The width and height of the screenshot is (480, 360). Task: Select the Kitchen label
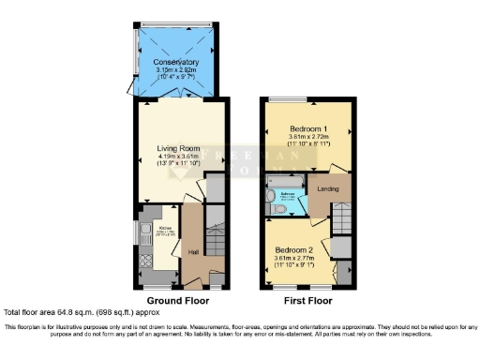click(x=165, y=228)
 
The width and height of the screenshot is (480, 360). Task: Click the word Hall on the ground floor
click(x=194, y=252)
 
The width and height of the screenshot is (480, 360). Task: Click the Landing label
click(x=328, y=188)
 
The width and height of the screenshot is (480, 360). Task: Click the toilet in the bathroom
click(x=271, y=209)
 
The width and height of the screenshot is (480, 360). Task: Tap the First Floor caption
click(x=309, y=300)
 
